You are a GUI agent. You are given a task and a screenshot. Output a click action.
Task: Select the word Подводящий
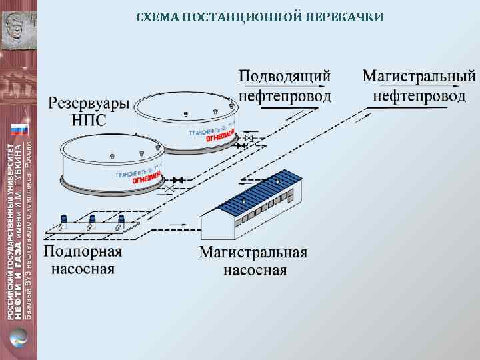coord(285,75)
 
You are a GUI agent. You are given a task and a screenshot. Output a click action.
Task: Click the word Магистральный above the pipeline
coord(419,75)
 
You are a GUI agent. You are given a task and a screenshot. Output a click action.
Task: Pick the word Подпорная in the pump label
coord(83,251)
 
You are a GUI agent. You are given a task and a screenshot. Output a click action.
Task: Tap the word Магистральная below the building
coord(253,253)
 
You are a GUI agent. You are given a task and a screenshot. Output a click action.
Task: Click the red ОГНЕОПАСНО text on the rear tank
coord(219,139)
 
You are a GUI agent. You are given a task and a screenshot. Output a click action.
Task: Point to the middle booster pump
coord(93,221)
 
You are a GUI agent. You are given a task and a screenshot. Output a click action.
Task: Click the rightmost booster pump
coord(121,221)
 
